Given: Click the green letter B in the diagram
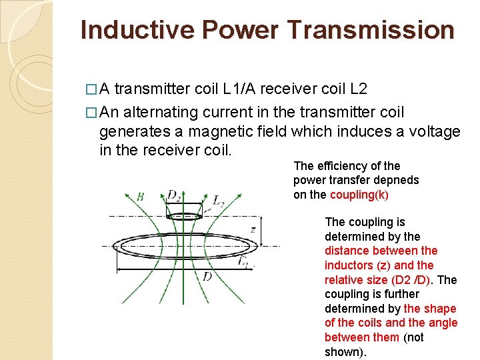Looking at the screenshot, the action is click(140, 197).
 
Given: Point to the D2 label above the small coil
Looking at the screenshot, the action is click(174, 195).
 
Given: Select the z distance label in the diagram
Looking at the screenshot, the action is click(253, 229).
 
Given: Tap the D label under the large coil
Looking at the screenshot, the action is click(207, 276).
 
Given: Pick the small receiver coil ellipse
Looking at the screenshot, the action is click(185, 215).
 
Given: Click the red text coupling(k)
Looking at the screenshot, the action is click(359, 195).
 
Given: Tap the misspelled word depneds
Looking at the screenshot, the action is click(397, 180).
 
